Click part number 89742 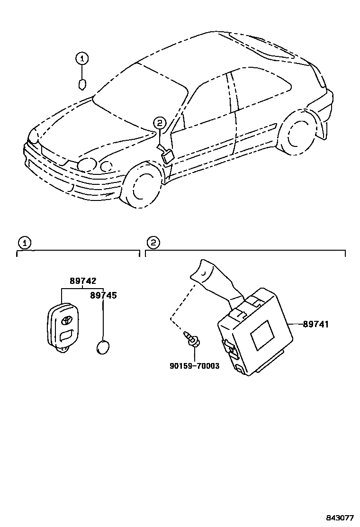pos(83,281)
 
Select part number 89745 pos(103,295)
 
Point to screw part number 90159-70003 pos(194,366)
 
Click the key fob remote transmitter pos(63,326)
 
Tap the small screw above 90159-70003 pos(192,340)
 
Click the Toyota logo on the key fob pos(66,320)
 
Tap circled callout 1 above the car pos(82,59)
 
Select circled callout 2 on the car pos(160,123)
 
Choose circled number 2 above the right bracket pos(153,243)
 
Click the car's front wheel pos(143,186)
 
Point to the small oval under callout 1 pos(82,85)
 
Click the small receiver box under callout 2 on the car pos(167,155)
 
